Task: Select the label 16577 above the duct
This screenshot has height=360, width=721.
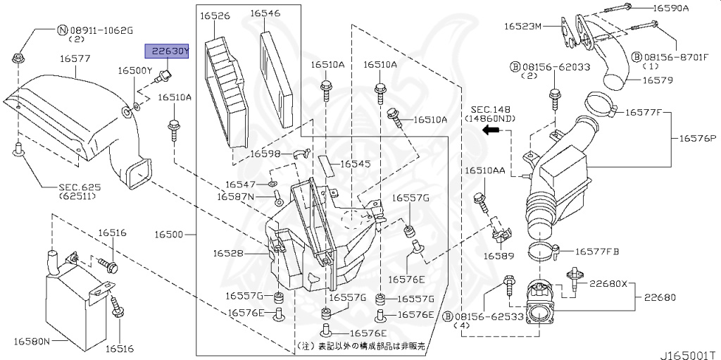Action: [x=75, y=58]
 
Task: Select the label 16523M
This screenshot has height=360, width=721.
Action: [x=522, y=27]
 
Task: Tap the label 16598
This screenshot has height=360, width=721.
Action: [x=265, y=154]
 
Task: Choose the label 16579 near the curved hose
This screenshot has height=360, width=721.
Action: [x=657, y=80]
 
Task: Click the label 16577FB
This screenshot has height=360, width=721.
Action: [x=597, y=251]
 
